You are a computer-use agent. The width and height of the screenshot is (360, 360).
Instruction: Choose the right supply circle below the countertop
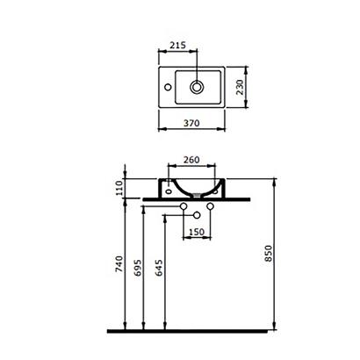pyautogui.click(x=211, y=207)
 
